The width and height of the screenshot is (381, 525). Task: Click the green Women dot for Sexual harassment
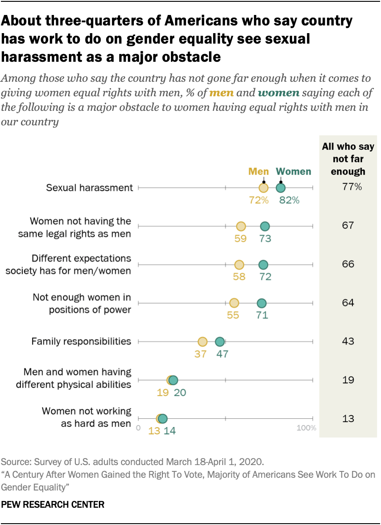tap(281, 188)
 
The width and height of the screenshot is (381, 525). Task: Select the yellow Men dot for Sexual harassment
tap(264, 188)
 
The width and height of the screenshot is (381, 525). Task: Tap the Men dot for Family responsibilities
tap(202, 342)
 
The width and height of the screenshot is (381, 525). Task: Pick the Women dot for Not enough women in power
tap(261, 303)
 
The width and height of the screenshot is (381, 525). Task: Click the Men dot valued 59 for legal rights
tap(241, 226)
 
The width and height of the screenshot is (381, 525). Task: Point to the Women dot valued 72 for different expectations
tap(263, 265)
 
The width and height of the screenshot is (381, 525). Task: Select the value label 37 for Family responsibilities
tap(200, 354)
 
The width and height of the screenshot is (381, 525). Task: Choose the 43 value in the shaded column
tap(348, 341)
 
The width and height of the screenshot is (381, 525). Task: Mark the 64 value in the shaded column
tap(348, 302)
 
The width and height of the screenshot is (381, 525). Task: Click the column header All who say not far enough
tap(348, 158)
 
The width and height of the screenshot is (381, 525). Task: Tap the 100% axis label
tap(307, 428)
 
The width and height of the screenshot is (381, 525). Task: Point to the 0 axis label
tap(138, 428)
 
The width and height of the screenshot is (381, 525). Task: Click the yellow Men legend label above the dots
tap(259, 172)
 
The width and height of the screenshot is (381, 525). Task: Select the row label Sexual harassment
tap(90, 187)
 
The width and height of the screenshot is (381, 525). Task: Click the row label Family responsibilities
tap(81, 341)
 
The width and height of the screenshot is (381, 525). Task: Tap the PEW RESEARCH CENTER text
tap(53, 504)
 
